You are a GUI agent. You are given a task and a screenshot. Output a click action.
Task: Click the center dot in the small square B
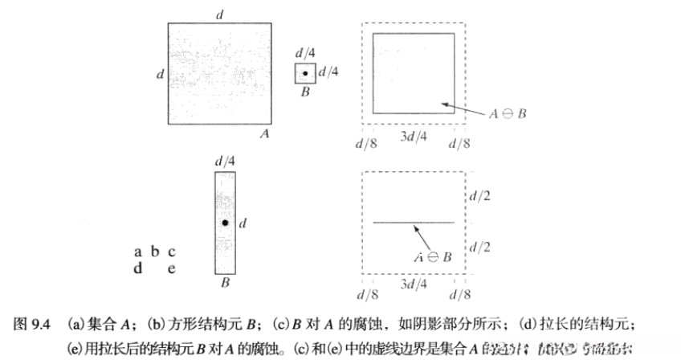point(304,74)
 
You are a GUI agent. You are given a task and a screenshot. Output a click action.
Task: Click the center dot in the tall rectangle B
point(225,223)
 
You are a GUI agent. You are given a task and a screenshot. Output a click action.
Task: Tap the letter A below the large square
point(263,135)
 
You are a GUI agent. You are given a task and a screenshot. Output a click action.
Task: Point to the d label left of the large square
point(160,74)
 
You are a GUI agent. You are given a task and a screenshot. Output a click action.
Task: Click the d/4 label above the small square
point(306,54)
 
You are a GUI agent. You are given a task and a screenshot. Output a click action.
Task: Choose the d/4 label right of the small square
point(329,72)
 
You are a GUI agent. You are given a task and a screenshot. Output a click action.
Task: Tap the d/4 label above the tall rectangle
point(225,161)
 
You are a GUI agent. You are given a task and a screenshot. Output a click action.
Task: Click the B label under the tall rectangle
point(225,283)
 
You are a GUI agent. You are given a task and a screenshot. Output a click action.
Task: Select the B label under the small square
point(304,92)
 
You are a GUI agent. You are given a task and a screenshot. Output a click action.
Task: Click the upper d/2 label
point(481,195)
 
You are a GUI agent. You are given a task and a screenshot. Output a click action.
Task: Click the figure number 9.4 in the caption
point(43,326)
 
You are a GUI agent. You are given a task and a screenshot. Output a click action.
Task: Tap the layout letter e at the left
point(171,268)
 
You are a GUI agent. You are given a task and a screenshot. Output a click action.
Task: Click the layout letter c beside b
point(171,252)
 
